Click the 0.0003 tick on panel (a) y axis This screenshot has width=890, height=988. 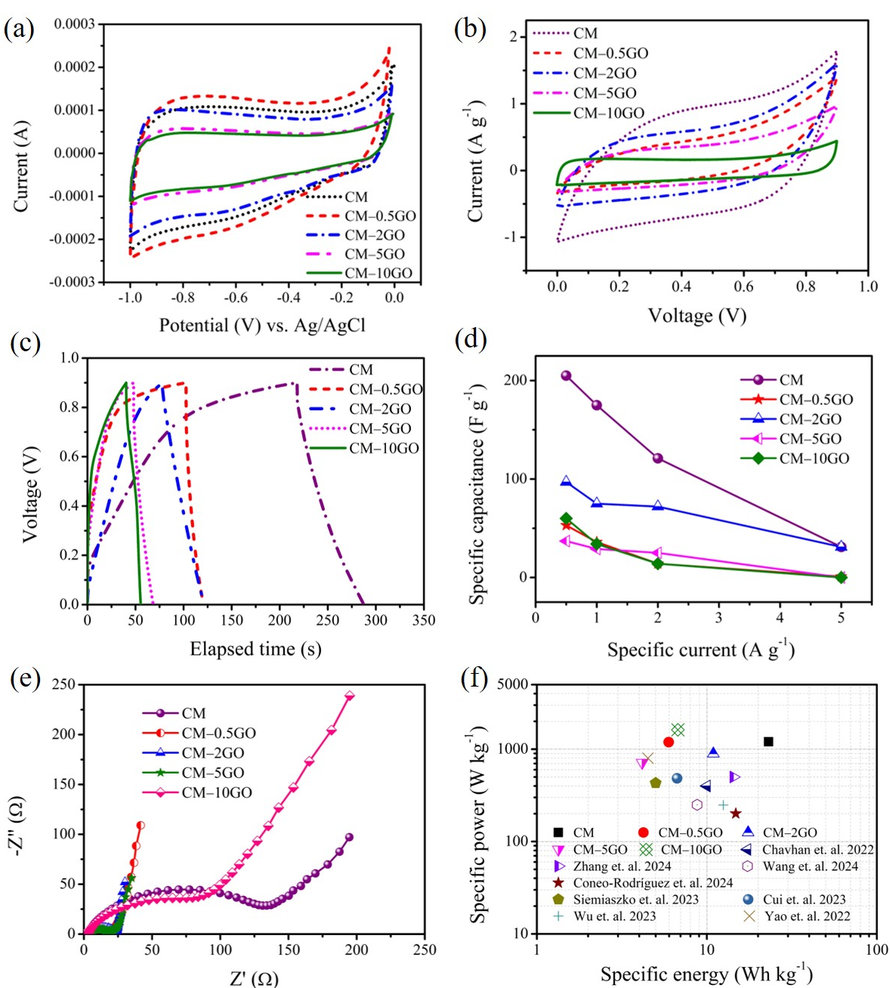tap(74, 24)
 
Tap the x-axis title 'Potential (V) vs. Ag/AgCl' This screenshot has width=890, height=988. tap(262, 326)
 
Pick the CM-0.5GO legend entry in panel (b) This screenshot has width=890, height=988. tap(610, 53)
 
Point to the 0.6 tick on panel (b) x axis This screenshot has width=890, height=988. tap(744, 286)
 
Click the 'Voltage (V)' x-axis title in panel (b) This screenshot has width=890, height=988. tap(697, 316)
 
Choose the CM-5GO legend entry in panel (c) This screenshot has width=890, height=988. tap(380, 428)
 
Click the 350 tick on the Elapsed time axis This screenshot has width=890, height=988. tap(424, 620)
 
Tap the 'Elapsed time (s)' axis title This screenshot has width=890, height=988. tap(255, 649)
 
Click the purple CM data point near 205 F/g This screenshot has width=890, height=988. tap(566, 375)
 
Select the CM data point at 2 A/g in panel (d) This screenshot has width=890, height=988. tap(657, 458)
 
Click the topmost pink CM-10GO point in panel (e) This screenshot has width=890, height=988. tap(350, 696)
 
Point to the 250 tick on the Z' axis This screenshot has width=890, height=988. tap(425, 949)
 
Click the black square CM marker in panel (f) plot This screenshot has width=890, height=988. tap(768, 742)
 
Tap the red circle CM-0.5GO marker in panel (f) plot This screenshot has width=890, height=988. tap(669, 742)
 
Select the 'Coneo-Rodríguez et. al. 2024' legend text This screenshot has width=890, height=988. tap(653, 883)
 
